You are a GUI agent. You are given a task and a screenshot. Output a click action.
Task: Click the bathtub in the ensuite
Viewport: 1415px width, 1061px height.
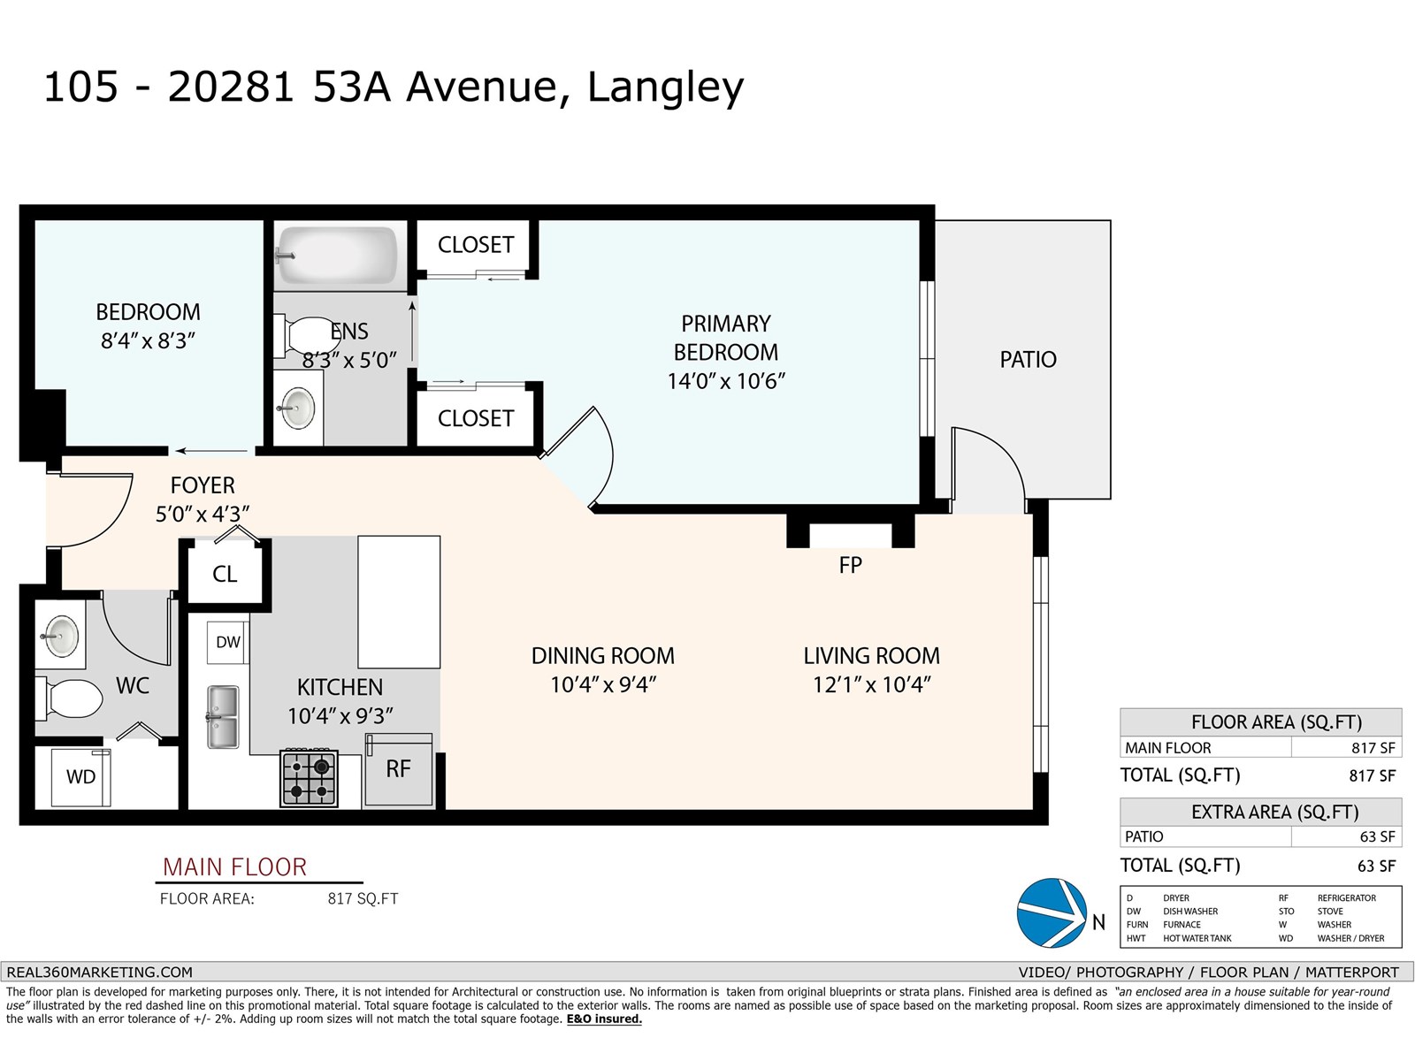pyautogui.click(x=337, y=256)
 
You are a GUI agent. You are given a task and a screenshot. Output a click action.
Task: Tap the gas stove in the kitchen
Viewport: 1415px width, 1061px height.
pyautogui.click(x=310, y=778)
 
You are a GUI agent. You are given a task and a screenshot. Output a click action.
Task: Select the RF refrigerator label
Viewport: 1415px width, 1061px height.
pyautogui.click(x=398, y=768)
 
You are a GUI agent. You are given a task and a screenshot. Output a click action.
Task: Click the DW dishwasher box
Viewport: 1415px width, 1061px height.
pyautogui.click(x=227, y=642)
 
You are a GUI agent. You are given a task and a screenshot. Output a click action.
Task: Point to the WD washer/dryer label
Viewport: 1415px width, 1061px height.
pyautogui.click(x=80, y=777)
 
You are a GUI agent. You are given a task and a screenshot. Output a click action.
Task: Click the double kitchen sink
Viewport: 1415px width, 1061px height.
pyautogui.click(x=223, y=717)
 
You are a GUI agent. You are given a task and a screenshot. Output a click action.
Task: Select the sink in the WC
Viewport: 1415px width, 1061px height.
pyautogui.click(x=60, y=636)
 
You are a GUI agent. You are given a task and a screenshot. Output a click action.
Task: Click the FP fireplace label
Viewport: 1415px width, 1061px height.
pyautogui.click(x=850, y=565)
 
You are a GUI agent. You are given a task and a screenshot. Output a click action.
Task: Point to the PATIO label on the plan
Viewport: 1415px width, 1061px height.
pyautogui.click(x=1029, y=360)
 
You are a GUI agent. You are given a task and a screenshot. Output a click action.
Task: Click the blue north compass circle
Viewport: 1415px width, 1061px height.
pyautogui.click(x=1052, y=912)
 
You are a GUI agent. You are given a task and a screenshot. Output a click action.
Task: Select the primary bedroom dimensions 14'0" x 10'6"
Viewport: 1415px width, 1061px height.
pyautogui.click(x=726, y=381)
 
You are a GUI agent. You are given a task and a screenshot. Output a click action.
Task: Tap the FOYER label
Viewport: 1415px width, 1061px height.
pyautogui.click(x=203, y=485)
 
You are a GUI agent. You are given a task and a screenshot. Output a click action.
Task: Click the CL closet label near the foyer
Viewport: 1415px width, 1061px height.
pyautogui.click(x=225, y=574)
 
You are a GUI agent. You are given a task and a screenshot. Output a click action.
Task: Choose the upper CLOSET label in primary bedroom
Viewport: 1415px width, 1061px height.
pyautogui.click(x=476, y=245)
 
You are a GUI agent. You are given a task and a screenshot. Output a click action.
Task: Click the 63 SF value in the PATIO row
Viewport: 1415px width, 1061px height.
pyautogui.click(x=1377, y=836)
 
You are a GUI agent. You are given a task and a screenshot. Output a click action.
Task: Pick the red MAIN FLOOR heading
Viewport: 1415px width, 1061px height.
pyautogui.click(x=234, y=867)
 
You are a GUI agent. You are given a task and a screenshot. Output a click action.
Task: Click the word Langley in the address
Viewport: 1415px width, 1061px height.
pyautogui.click(x=665, y=88)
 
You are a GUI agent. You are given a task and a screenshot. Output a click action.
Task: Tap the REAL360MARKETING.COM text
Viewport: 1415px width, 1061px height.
pyautogui.click(x=99, y=972)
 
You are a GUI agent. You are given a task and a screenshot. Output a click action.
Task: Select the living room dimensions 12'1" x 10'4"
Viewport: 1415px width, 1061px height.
pyautogui.click(x=872, y=684)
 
